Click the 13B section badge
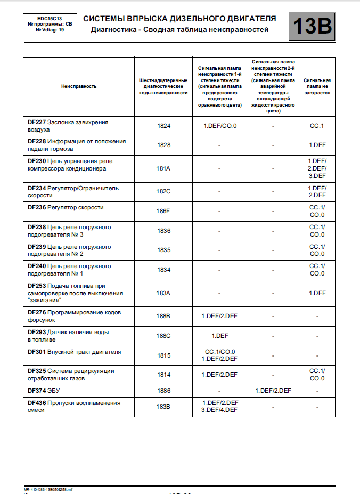click(x=312, y=26)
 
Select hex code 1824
click(x=163, y=126)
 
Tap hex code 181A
click(x=163, y=169)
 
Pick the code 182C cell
click(x=163, y=192)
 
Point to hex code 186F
click(x=163, y=211)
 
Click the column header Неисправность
click(x=79, y=86)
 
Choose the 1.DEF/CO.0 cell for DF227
click(x=219, y=126)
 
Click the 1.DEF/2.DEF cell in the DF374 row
click(x=273, y=391)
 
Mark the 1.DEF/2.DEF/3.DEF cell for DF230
click(x=317, y=168)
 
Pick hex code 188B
click(x=163, y=317)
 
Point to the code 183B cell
click(x=163, y=407)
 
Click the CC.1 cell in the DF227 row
click(x=317, y=126)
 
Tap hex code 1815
click(x=163, y=355)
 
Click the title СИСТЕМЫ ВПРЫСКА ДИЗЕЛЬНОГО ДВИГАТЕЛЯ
click(x=179, y=19)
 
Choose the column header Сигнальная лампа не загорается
click(x=317, y=86)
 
